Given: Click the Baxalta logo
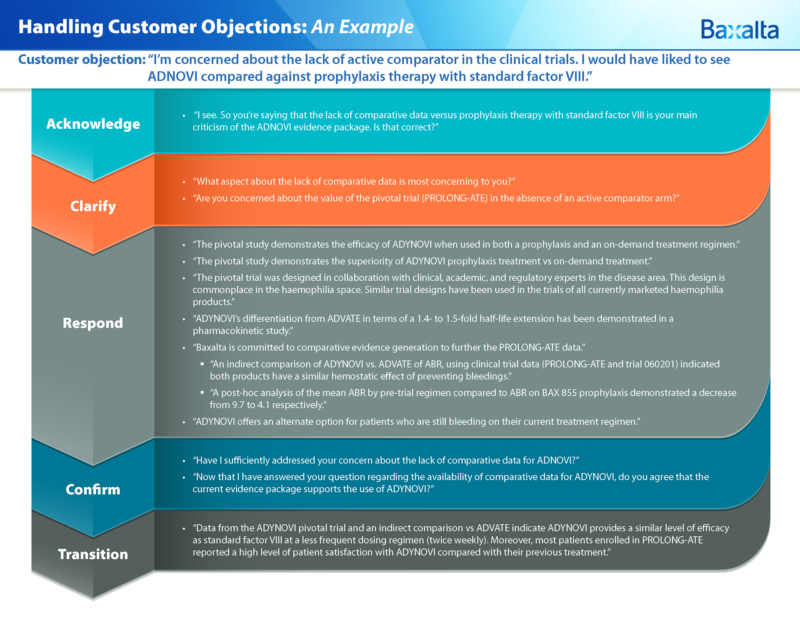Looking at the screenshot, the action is point(740,30).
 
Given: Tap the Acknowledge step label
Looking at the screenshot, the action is point(93,124).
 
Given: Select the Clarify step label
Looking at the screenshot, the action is point(93,206).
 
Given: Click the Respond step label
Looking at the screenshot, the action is point(93,323).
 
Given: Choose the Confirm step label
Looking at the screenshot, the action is point(93,489).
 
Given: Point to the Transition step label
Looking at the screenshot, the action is point(93,554).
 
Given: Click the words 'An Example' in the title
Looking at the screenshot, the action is point(362,27).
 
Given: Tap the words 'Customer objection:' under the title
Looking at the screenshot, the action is point(82,60).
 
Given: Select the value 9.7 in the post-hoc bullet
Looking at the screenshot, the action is point(238,405).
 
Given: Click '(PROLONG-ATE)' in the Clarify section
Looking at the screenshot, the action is point(455,198).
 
